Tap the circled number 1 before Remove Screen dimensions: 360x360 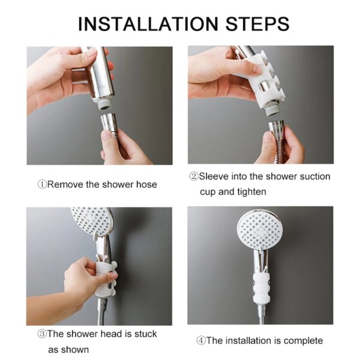click(x=42, y=184)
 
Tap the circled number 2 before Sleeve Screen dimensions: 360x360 click(x=194, y=176)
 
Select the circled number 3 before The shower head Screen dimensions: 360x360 click(x=42, y=334)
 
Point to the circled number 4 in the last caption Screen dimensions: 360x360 click(x=201, y=341)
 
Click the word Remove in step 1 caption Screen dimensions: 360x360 click(x=65, y=184)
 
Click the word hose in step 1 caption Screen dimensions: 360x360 click(x=146, y=184)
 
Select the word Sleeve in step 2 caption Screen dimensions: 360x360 click(x=214, y=176)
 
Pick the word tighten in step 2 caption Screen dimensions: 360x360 click(x=250, y=192)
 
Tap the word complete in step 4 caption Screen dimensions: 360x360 click(x=302, y=341)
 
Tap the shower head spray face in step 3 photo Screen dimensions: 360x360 click(x=92, y=222)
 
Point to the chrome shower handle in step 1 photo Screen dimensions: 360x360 click(x=99, y=75)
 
